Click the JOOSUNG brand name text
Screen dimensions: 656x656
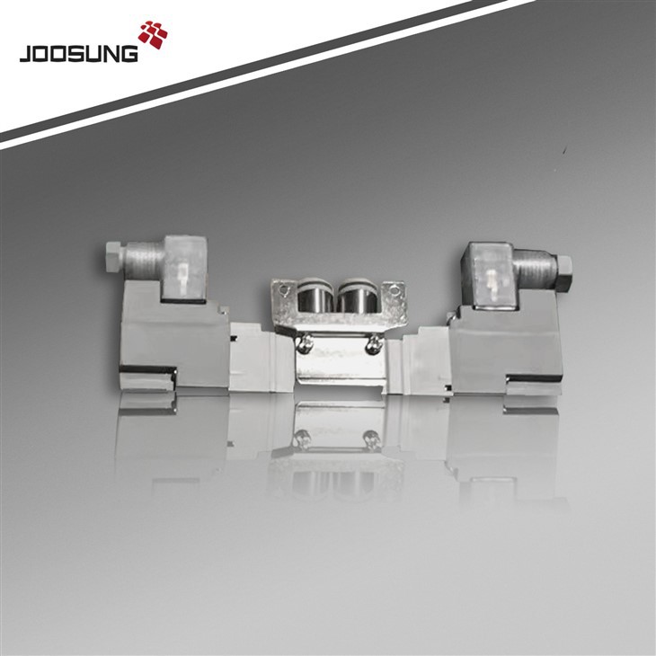(x=79, y=53)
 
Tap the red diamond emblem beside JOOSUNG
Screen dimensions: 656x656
(x=152, y=33)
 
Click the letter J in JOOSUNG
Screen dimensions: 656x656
(x=25, y=54)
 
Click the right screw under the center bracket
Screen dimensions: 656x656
(x=370, y=342)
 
